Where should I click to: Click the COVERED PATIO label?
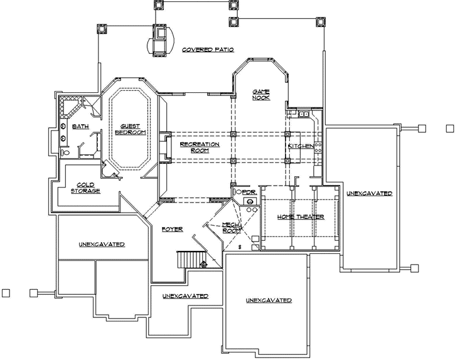(208, 49)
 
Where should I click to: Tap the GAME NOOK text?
(261, 94)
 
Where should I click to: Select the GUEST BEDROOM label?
(130, 129)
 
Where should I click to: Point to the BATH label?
(80, 127)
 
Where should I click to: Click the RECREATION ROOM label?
(199, 147)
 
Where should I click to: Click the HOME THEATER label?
(301, 217)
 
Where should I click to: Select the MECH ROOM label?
(230, 228)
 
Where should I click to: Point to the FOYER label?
(171, 230)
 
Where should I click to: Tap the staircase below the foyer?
(188, 258)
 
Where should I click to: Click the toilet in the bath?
(64, 152)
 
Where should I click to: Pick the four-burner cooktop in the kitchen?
(318, 149)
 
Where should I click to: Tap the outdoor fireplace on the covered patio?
(161, 38)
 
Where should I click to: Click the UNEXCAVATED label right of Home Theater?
(369, 194)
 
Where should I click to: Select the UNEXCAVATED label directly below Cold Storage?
(102, 244)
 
